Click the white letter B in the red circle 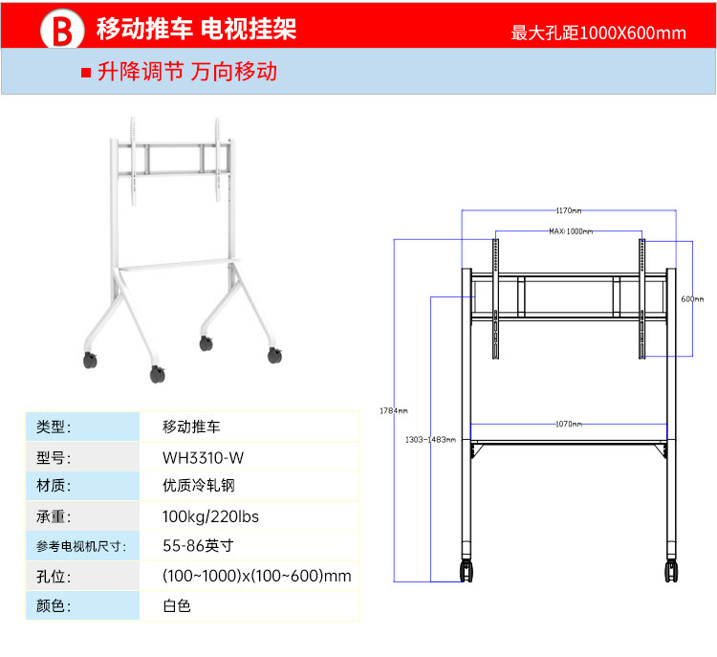(62, 32)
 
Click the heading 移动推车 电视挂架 (196, 30)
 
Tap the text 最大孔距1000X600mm (598, 33)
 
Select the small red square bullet (85, 73)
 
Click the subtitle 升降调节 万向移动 (186, 72)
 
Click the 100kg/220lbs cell (210, 516)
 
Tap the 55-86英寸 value (198, 546)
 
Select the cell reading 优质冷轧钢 (198, 486)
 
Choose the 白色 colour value (177, 605)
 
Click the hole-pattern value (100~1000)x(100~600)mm (257, 576)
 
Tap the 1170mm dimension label (569, 210)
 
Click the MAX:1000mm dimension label (571, 231)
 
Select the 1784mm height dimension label (393, 410)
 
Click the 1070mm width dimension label (569, 424)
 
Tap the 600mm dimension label (692, 298)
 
